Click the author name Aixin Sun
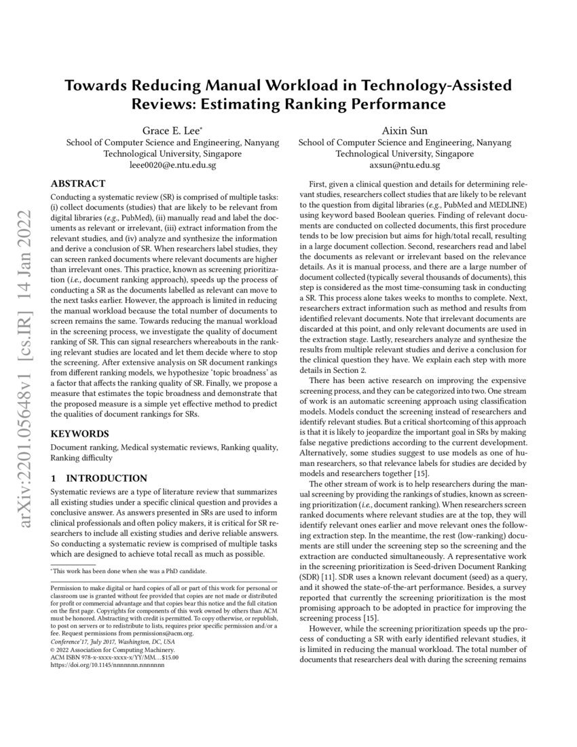(x=405, y=130)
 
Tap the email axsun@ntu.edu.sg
(x=405, y=165)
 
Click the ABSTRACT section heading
(x=79, y=183)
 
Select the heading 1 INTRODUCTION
(x=99, y=478)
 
